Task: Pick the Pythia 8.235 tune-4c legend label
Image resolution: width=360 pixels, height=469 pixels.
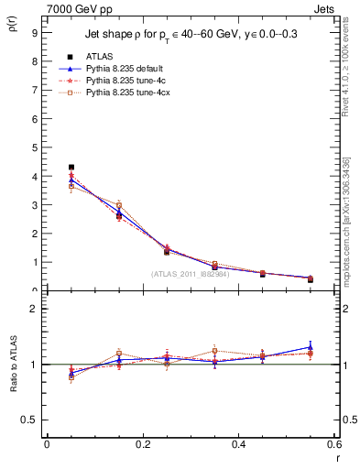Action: [x=123, y=81]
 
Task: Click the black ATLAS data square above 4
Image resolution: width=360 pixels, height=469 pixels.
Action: [x=71, y=168]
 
